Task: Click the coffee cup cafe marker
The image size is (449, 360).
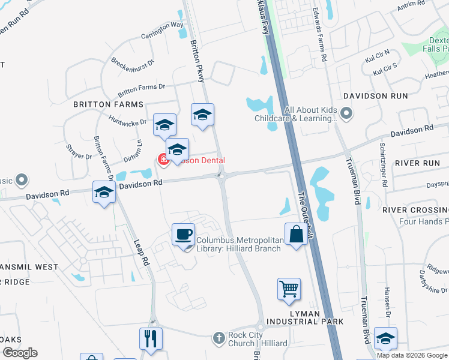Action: coord(184,234)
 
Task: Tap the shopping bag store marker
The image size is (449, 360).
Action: coord(297,234)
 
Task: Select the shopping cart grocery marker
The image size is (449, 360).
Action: coord(289,289)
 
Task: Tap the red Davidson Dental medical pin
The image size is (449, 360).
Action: coord(163,160)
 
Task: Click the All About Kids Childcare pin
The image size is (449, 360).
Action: coord(346,113)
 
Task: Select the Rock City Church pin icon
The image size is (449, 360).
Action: coord(219,339)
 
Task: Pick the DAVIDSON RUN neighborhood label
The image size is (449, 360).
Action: coord(375,96)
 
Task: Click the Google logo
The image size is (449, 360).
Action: coord(20,353)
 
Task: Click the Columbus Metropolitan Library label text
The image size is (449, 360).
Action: coord(239,245)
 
